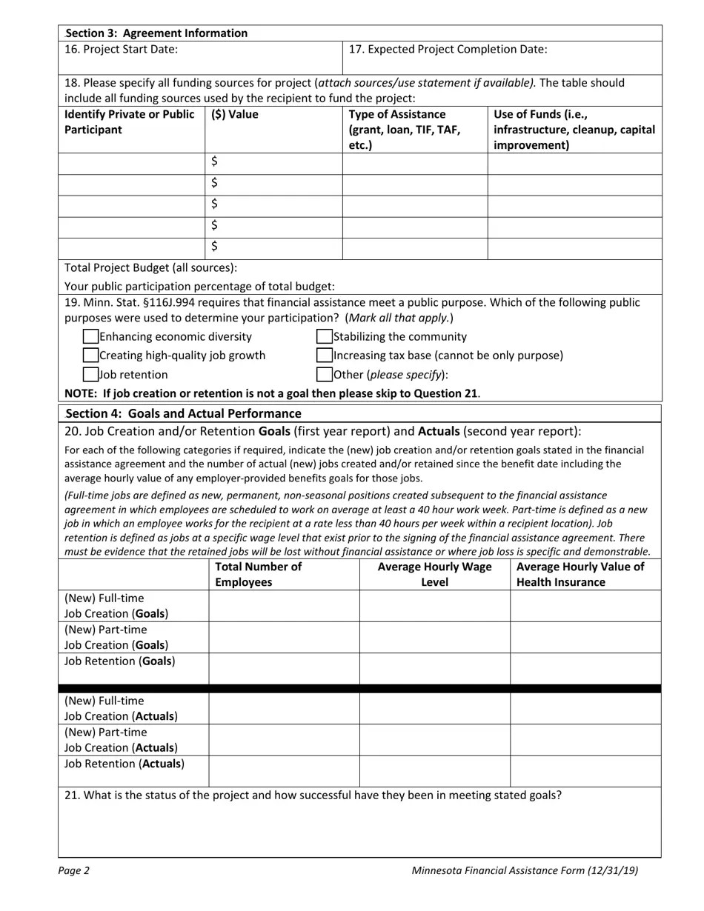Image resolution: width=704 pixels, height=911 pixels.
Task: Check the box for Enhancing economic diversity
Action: [90, 337]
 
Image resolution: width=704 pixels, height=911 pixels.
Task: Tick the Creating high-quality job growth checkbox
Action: [90, 356]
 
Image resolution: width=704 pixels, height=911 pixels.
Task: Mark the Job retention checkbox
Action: [90, 375]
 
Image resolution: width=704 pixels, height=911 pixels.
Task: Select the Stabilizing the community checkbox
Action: [325, 337]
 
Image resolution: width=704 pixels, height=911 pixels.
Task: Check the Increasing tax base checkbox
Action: [325, 356]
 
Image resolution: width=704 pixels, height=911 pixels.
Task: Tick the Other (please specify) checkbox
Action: [325, 375]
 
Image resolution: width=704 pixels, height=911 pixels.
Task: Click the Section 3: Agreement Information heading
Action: [156, 33]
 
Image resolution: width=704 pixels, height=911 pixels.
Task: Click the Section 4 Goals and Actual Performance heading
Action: [183, 413]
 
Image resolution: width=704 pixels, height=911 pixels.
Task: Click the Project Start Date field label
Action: [122, 50]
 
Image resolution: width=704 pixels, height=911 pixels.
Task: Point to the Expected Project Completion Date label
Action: [448, 50]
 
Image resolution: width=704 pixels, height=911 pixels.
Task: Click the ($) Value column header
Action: [235, 115]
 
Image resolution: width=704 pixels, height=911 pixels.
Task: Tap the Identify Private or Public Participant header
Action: [130, 122]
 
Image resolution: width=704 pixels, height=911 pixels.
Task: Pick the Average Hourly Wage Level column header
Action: [434, 575]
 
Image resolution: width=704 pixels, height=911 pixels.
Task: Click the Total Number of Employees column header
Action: [258, 575]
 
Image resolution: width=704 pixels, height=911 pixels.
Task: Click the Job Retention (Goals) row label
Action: [120, 661]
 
